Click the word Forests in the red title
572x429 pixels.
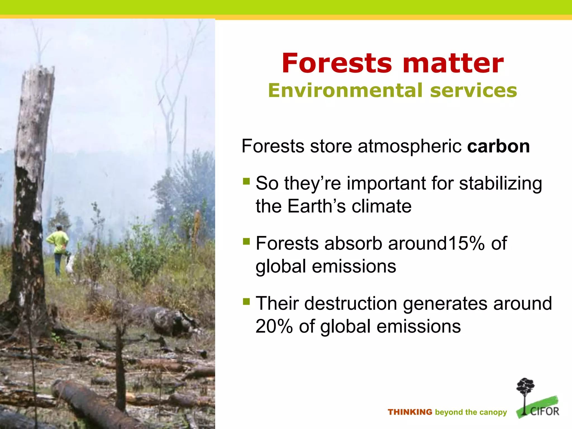(337, 64)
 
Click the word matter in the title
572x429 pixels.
(453, 64)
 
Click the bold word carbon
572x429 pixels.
(498, 146)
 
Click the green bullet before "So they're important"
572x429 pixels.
(246, 182)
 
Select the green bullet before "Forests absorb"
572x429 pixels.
(246, 241)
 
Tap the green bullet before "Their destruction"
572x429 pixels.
(246, 301)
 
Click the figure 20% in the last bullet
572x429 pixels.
(274, 326)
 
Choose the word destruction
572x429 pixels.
(351, 304)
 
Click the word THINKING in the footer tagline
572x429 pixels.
(410, 412)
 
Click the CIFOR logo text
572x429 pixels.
(545, 411)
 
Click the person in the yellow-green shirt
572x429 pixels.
(58, 246)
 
